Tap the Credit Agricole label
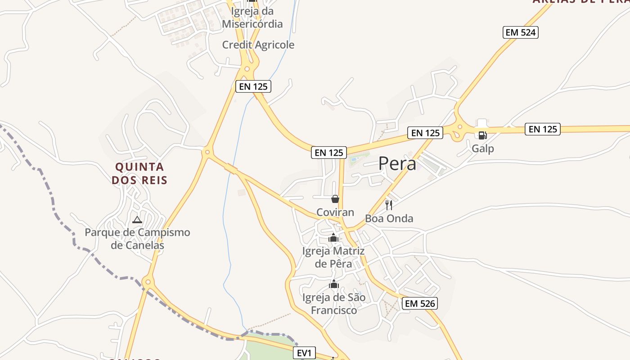258,45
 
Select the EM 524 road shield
521,32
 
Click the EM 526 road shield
420,303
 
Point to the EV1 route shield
304,353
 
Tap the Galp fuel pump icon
482,135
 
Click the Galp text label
482,148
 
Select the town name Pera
397,164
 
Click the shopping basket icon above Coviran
335,198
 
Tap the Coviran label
335,212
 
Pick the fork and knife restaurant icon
389,205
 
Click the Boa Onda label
389,219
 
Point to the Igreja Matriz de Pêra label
333,257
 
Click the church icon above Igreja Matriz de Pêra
333,238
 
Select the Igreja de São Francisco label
333,304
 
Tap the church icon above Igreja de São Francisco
334,284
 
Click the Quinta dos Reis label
139,174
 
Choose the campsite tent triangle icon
137,220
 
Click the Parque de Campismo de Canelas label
137,239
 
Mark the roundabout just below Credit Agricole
246,69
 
